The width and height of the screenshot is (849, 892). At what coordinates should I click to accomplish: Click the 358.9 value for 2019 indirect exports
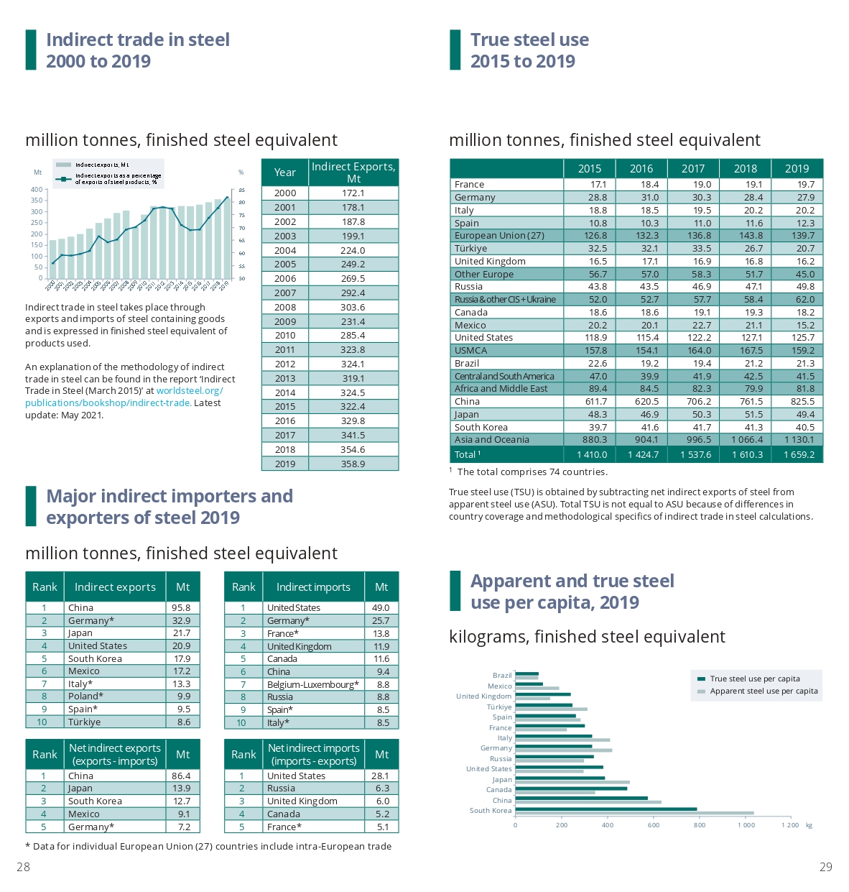[x=353, y=464]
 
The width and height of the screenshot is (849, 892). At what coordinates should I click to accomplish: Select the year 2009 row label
[x=285, y=321]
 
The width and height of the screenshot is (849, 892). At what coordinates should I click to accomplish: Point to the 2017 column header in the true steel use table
[x=693, y=168]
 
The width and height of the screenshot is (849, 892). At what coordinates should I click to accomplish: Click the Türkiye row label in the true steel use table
[x=470, y=248]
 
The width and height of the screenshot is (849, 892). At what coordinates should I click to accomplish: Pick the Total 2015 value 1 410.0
[x=592, y=454]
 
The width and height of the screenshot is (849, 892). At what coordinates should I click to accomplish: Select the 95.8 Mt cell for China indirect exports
[x=182, y=607]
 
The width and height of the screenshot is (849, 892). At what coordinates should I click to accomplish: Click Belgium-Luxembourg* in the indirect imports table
[x=313, y=684]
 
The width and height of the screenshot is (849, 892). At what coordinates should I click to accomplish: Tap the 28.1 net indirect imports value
[x=380, y=776]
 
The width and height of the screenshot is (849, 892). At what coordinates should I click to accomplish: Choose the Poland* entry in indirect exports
[x=85, y=696]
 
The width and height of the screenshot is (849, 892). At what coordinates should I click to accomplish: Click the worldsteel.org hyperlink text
[x=190, y=391]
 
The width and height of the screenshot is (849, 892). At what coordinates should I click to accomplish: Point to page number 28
[x=24, y=867]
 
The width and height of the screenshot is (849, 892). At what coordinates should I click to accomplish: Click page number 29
[x=826, y=867]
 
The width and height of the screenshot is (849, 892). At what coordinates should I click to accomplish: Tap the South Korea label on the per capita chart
[x=491, y=811]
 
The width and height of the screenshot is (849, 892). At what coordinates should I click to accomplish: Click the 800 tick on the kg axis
[x=700, y=825]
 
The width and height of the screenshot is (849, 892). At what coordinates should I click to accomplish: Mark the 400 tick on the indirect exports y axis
[x=36, y=190]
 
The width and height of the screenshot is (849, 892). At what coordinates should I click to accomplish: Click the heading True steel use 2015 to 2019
[x=529, y=50]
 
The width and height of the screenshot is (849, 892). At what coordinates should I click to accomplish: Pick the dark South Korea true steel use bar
[x=606, y=809]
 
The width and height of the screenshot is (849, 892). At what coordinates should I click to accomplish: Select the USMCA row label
[x=470, y=350]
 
